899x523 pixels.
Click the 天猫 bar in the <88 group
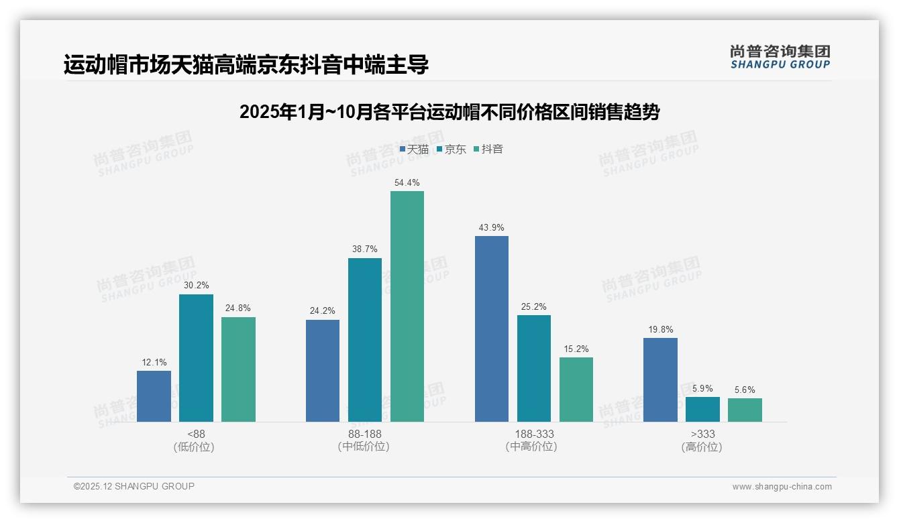point(154,396)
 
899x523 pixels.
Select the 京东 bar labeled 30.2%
point(196,358)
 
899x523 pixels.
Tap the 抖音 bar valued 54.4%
point(407,306)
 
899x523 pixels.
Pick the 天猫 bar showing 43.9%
point(492,329)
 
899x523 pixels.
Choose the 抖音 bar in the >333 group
point(745,410)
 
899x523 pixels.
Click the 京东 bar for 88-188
point(365,340)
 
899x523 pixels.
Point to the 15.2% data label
point(576,349)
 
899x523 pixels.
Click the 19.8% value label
point(661,330)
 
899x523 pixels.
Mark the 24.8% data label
point(238,308)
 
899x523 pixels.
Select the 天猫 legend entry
point(414,150)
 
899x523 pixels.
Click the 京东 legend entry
point(452,150)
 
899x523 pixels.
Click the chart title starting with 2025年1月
point(449,112)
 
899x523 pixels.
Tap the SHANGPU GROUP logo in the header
point(780,57)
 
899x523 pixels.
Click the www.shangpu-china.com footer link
point(782,487)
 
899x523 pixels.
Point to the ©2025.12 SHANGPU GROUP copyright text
point(134,486)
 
